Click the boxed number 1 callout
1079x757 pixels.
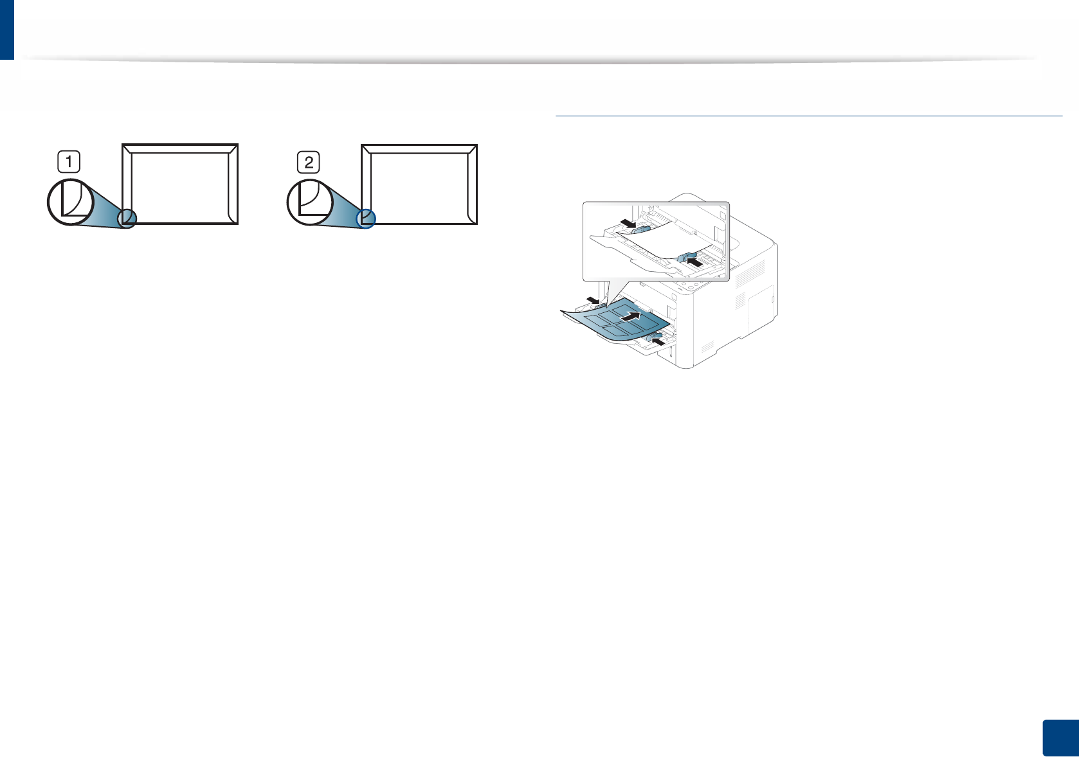click(x=69, y=161)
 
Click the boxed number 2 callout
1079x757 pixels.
click(x=309, y=162)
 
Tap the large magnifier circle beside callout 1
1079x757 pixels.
click(x=71, y=202)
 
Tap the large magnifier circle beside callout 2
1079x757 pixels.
click(x=310, y=202)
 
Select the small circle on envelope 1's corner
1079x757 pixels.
click(x=127, y=218)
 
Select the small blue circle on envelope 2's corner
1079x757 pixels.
click(x=366, y=218)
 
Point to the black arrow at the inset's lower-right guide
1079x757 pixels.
click(x=694, y=261)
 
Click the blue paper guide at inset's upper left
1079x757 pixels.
click(x=640, y=228)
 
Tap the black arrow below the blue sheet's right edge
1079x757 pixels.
click(x=658, y=341)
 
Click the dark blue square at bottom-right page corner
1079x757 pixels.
click(x=1059, y=738)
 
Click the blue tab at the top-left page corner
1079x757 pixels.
click(x=6, y=29)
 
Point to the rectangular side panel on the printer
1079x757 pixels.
click(x=762, y=308)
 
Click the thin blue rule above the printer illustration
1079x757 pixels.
click(x=808, y=116)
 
